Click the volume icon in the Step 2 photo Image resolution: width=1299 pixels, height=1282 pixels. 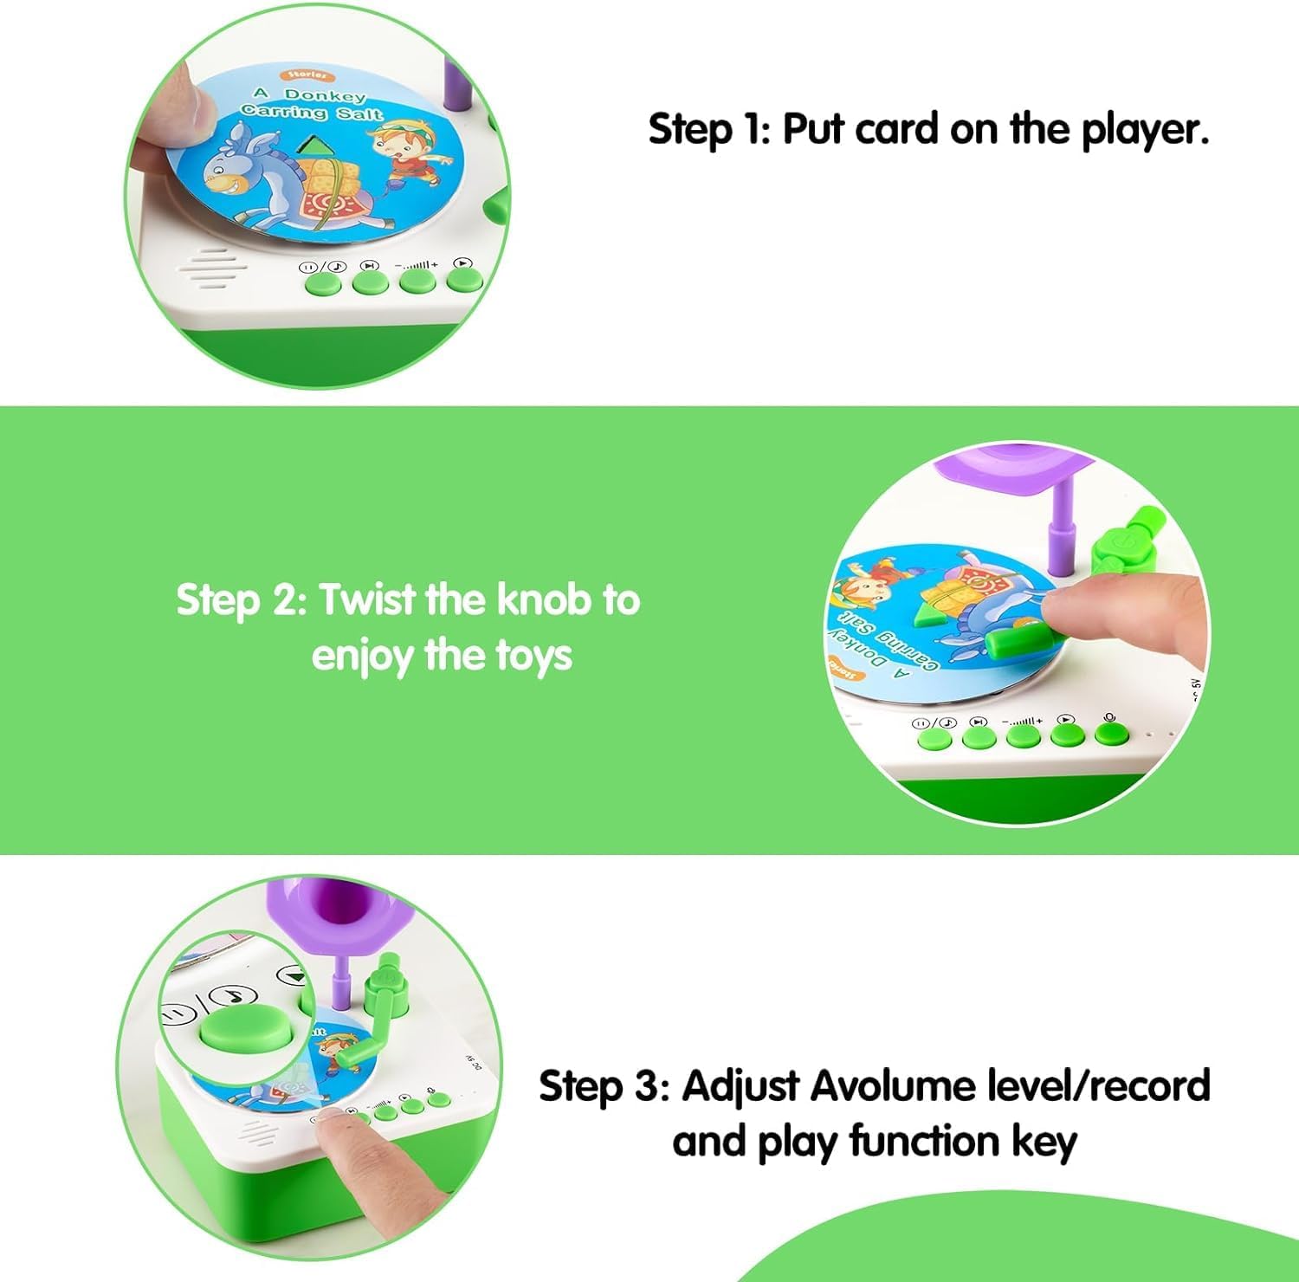click(1023, 721)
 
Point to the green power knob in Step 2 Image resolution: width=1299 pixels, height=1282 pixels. click(1121, 546)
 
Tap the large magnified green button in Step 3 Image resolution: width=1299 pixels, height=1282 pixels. click(235, 1031)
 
